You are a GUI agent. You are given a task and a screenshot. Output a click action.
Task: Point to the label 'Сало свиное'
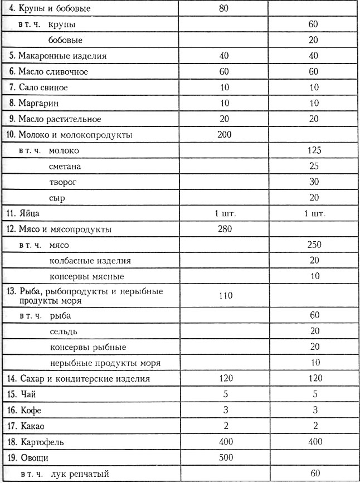point(42,87)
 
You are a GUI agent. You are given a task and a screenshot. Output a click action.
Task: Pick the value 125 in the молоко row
point(315,150)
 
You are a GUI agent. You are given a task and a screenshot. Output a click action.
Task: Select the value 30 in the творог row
point(315,182)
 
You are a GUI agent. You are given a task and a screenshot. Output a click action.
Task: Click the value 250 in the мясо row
point(315,245)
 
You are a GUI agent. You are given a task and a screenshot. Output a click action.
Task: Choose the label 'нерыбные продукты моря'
point(97,363)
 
